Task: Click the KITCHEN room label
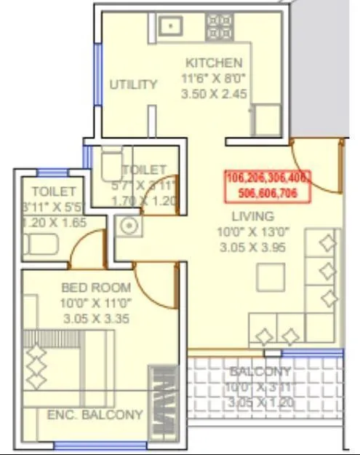pos(214,62)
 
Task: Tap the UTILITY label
pos(133,84)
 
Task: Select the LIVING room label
pos(252,215)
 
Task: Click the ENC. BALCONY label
pos(95,415)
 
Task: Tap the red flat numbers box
pos(267,186)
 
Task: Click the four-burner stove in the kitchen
pos(220,27)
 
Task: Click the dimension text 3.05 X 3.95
pos(252,247)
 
